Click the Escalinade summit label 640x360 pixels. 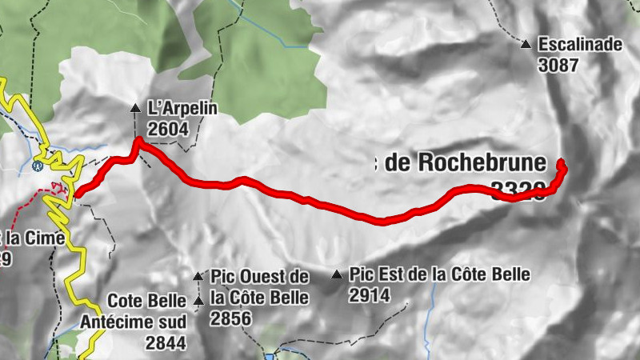click(579, 45)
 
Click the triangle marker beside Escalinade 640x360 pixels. click(526, 45)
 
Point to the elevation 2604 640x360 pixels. click(168, 128)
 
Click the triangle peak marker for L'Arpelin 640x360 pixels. click(135, 107)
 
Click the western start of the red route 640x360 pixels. click(77, 192)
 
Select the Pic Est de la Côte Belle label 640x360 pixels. click(439, 275)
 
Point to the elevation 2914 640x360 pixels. click(369, 295)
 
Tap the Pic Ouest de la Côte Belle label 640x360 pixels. click(259, 287)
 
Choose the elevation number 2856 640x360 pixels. click(231, 319)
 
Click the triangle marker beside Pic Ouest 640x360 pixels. click(198, 276)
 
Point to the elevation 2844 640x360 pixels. click(166, 343)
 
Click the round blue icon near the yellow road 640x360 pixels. click(37, 166)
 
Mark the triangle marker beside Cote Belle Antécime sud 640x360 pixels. click(198, 301)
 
